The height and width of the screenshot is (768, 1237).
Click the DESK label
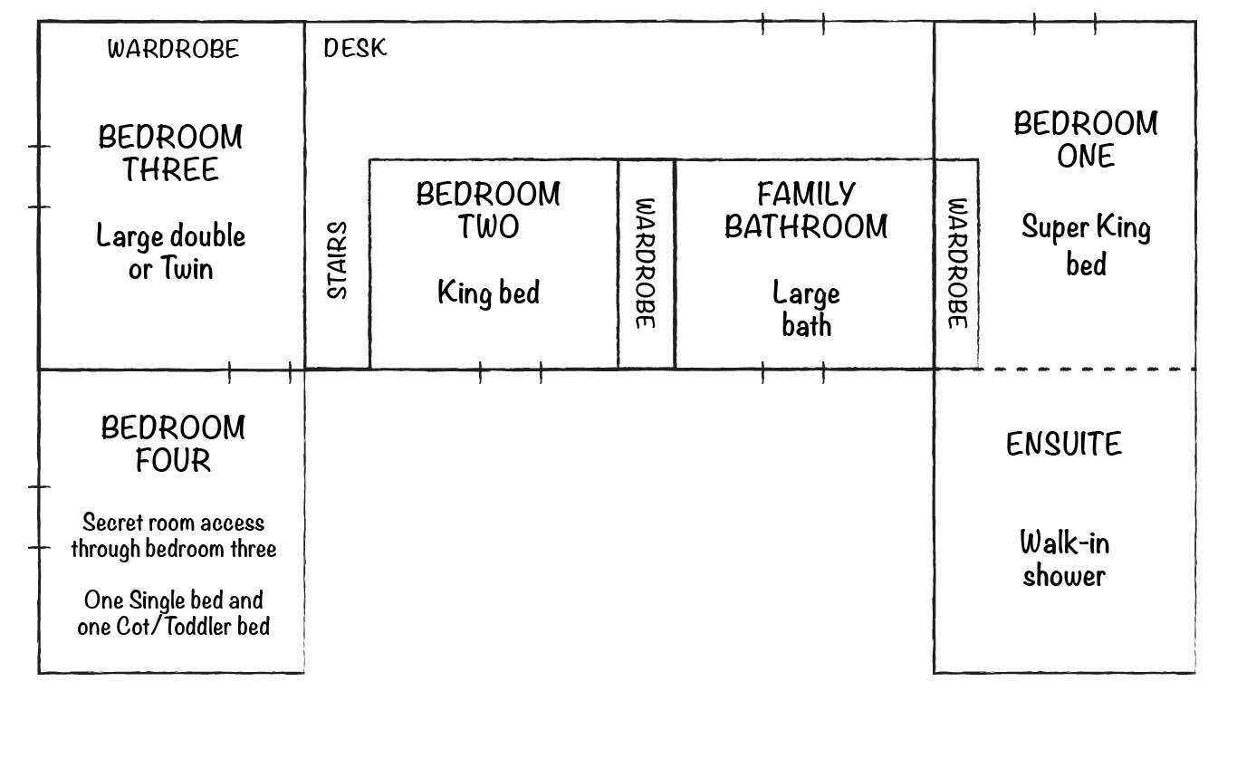355,48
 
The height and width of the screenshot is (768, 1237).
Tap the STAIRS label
337,260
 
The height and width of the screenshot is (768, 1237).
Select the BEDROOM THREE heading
170,153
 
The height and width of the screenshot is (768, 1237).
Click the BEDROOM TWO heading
488,210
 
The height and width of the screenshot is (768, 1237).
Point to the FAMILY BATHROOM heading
806,210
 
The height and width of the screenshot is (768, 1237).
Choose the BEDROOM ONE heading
1086,139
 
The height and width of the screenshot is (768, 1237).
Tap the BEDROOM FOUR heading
173,444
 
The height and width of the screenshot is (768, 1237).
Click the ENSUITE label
1064,445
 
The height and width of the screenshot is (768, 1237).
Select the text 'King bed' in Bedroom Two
488,292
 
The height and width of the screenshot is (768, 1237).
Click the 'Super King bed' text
1086,245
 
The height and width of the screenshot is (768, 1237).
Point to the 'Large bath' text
806,309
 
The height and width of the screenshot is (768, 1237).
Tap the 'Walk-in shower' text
1064,559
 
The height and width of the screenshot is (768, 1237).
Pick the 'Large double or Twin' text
170,252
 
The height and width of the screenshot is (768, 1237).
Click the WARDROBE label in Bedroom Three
173,49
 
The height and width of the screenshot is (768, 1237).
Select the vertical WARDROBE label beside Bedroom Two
646,264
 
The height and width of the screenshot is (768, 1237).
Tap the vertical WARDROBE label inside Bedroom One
958,264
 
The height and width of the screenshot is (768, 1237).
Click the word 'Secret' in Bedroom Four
113,523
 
